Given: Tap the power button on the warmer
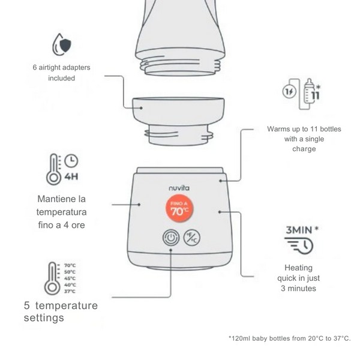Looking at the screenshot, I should [x=171, y=238].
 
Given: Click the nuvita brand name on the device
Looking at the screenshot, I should [x=180, y=188].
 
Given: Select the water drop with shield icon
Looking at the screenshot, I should [x=61, y=46].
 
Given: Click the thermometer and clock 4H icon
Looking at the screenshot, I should [x=62, y=169].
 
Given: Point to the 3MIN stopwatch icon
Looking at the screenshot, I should [x=299, y=239].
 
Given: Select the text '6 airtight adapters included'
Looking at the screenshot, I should [x=61, y=73].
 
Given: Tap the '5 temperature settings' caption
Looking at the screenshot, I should [x=60, y=311].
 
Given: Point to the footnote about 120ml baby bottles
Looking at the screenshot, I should [x=290, y=338].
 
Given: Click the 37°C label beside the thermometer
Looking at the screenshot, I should [x=70, y=291].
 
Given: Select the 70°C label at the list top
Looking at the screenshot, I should [x=70, y=265].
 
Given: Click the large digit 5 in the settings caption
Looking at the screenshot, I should [x=28, y=305].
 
